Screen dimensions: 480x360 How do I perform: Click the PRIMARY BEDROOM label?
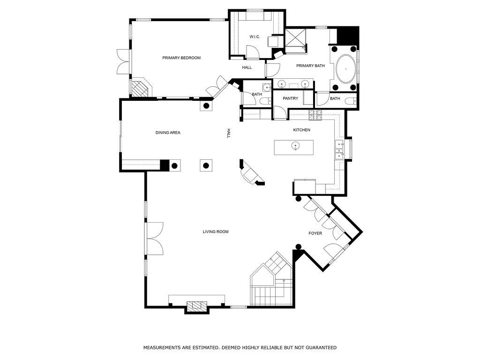click(x=181, y=58)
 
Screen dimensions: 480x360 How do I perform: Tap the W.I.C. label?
click(x=255, y=37)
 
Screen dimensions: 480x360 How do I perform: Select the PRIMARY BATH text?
click(x=310, y=66)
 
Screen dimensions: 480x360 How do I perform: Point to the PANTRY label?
click(x=290, y=98)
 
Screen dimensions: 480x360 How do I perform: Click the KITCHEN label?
click(x=301, y=130)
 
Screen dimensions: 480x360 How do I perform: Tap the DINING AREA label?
click(x=168, y=133)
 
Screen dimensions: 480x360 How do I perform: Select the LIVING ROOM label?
click(x=216, y=232)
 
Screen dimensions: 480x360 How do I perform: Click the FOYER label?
click(x=315, y=233)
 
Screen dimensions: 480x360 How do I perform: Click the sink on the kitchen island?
click(x=295, y=146)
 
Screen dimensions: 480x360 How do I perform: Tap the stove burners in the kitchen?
click(x=315, y=115)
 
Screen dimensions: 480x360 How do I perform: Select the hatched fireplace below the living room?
click(x=197, y=306)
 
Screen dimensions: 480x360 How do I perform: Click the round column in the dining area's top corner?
click(x=206, y=106)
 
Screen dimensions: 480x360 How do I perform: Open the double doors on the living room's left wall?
click(x=155, y=239)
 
